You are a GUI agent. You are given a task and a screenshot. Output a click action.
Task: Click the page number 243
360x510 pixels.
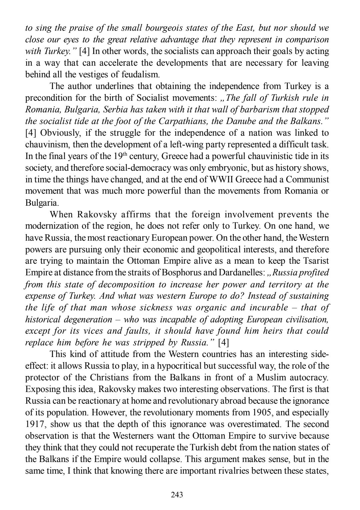[x=177, y=495]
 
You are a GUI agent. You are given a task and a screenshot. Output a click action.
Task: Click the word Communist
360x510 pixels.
[x=307, y=179]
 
